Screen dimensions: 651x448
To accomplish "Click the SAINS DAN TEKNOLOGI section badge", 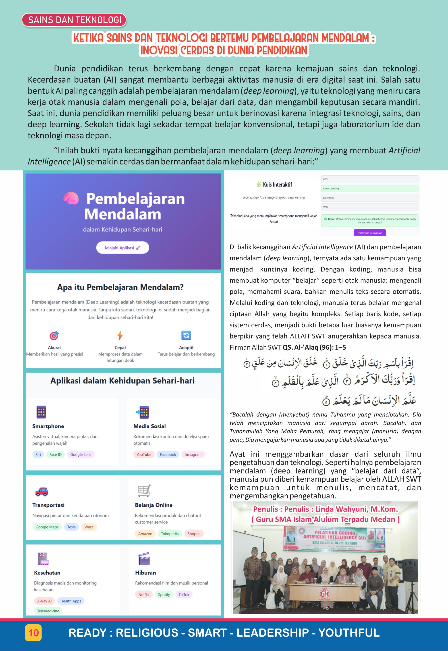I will [74, 20].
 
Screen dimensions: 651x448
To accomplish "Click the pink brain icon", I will [71, 198].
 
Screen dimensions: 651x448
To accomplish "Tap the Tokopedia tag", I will [170, 533].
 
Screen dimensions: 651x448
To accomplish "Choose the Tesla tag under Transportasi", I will [71, 527].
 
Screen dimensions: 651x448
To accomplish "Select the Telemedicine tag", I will [48, 611].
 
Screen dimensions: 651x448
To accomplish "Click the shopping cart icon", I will [144, 491].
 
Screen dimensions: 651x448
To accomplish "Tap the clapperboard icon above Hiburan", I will [144, 558].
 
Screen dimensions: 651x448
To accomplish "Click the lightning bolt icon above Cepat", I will [120, 335].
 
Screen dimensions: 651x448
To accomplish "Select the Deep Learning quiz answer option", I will [369, 188].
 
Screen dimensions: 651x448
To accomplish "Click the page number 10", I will [33, 633].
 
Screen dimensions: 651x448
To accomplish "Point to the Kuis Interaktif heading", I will [277, 185].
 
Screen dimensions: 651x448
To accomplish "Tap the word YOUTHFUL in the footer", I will [349, 633].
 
